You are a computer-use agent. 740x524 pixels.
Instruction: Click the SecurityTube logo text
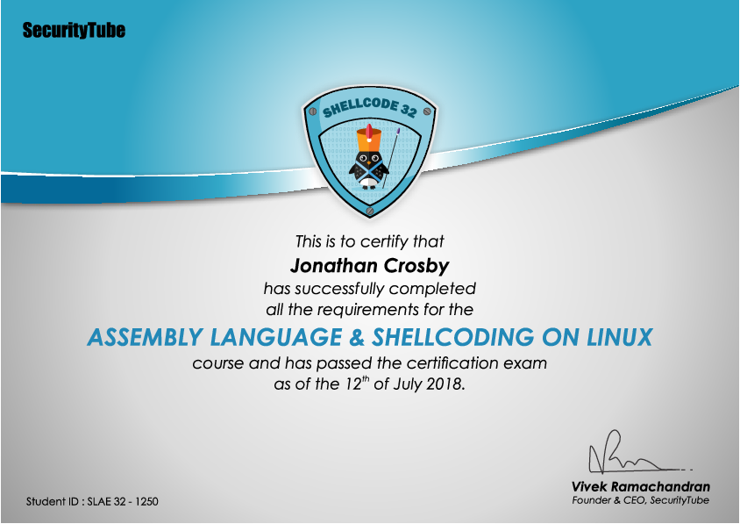click(74, 30)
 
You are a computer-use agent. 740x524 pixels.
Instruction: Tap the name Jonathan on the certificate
click(334, 266)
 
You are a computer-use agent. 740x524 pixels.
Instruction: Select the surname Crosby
click(416, 267)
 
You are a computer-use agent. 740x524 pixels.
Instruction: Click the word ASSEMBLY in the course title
click(145, 337)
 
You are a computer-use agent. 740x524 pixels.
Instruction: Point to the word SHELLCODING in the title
click(453, 337)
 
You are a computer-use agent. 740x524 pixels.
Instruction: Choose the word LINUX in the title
click(620, 337)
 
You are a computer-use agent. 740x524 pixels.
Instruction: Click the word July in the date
click(407, 384)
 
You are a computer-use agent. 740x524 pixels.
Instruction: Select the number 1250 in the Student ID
click(146, 501)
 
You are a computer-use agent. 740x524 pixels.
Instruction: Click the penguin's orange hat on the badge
click(368, 137)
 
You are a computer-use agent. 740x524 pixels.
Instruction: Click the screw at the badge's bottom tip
click(369, 210)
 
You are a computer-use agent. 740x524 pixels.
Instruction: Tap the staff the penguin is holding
click(391, 158)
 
